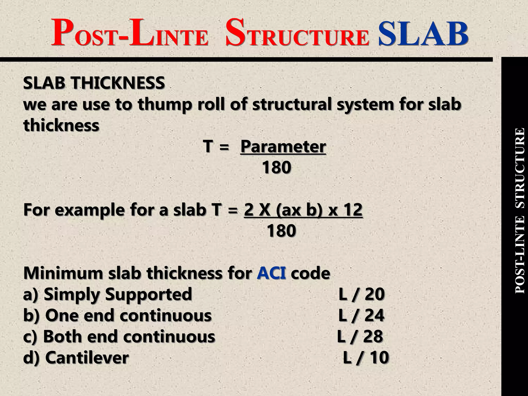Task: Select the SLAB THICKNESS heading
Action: pyautogui.click(x=94, y=83)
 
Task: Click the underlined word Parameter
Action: pyautogui.click(x=283, y=147)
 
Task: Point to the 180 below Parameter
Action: pyautogui.click(x=276, y=168)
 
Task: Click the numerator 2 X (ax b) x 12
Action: pyautogui.click(x=303, y=210)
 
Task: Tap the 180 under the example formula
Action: pyautogui.click(x=281, y=231)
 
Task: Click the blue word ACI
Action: pyautogui.click(x=271, y=274)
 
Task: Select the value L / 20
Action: pyautogui.click(x=361, y=294)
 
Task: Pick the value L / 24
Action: pyautogui.click(x=361, y=316)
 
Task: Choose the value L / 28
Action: pyautogui.click(x=360, y=337)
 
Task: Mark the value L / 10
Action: pyautogui.click(x=366, y=358)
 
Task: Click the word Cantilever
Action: pyautogui.click(x=87, y=358)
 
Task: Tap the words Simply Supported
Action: pyautogui.click(x=118, y=294)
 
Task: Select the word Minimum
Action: pyautogui.click(x=63, y=274)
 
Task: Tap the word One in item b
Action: pyautogui.click(x=62, y=316)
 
